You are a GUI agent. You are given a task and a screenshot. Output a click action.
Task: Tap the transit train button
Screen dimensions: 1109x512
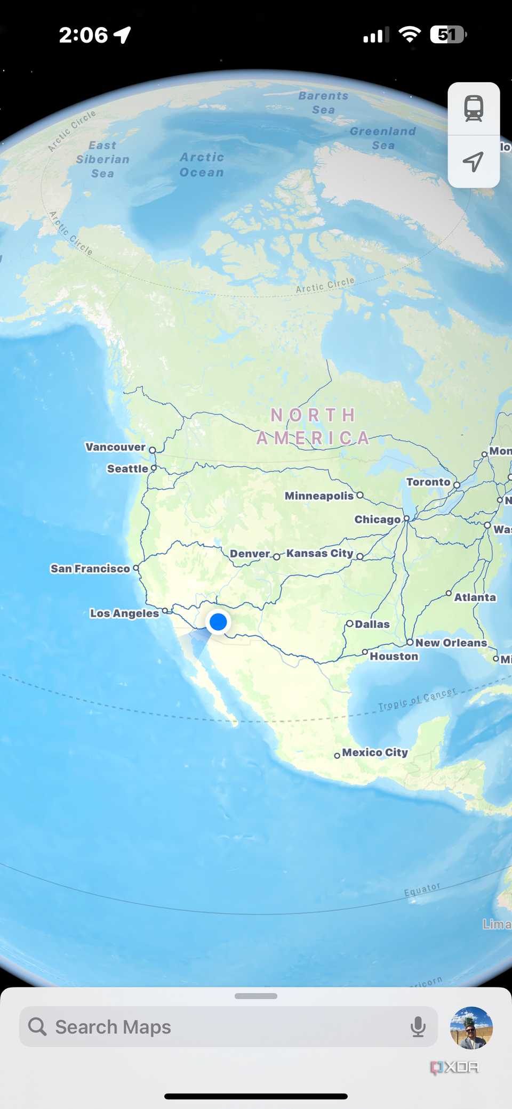coord(474,109)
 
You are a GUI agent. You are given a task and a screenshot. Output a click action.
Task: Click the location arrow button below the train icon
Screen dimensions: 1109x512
coord(474,161)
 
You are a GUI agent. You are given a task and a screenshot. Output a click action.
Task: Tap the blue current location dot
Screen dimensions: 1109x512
coord(218,621)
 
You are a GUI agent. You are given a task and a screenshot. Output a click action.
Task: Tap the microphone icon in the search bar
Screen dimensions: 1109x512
coord(418,1027)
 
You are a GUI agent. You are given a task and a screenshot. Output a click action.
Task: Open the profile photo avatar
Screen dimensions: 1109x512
coord(471,1027)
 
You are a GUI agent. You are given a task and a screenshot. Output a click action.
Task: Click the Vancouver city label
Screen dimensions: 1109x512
coord(116,447)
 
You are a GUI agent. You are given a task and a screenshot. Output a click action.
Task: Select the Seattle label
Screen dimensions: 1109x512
coord(127,469)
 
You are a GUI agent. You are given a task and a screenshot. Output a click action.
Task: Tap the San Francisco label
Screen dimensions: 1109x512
coord(90,569)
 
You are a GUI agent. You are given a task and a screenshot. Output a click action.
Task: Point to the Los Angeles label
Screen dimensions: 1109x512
coord(124,613)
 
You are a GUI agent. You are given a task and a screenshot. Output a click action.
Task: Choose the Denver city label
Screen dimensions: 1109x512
coord(250,554)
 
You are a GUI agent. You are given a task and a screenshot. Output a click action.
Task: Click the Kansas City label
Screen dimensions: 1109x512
coord(319,553)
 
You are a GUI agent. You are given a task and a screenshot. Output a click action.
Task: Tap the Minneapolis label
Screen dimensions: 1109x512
coord(319,496)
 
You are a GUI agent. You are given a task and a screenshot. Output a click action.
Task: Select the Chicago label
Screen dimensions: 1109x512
coord(378,520)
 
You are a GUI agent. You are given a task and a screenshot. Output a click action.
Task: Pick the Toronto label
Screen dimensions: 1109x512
coord(428,482)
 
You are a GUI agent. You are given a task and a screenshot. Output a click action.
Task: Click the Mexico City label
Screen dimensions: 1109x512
coord(375,752)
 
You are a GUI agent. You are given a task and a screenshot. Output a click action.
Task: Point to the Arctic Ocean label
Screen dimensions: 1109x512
coord(202,165)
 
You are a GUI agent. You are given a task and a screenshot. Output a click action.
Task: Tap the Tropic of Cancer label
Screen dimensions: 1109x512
coord(417,699)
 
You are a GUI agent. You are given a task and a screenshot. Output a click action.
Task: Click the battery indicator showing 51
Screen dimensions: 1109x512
coord(448,35)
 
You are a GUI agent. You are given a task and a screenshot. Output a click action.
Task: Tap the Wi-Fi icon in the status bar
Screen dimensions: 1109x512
coord(410,35)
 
